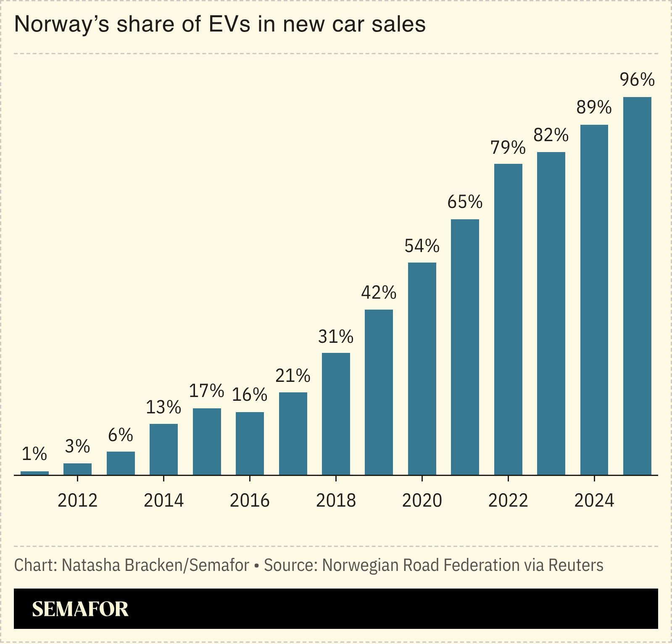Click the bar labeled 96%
pyautogui.click(x=637, y=286)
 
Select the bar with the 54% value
pyautogui.click(x=422, y=369)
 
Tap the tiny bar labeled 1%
pyautogui.click(x=34, y=473)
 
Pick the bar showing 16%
pyautogui.click(x=250, y=443)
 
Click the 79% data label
pyautogui.click(x=508, y=148)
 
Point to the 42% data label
pyautogui.click(x=379, y=293)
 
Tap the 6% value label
pyautogui.click(x=120, y=435)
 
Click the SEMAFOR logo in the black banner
pyautogui.click(x=80, y=609)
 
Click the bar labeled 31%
pyautogui.click(x=336, y=414)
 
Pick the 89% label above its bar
pyautogui.click(x=594, y=108)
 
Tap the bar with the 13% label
pyautogui.click(x=163, y=449)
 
